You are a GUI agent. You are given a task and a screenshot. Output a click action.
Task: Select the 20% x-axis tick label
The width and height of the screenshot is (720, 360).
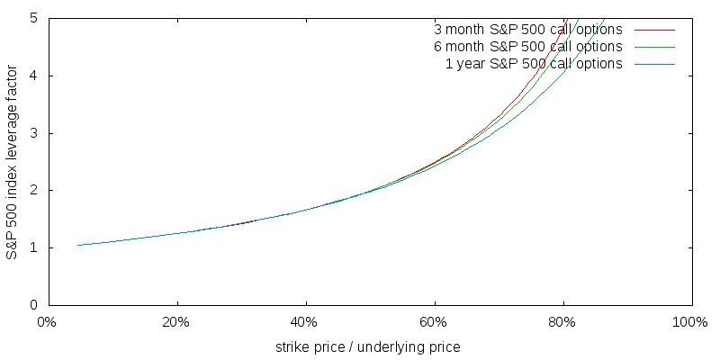[x=176, y=321]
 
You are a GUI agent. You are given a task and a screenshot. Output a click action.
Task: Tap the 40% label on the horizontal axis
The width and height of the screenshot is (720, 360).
[x=305, y=321]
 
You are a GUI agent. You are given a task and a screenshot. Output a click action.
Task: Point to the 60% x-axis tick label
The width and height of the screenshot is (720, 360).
[x=435, y=321]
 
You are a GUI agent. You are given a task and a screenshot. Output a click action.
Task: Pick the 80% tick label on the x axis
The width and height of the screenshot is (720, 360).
[x=563, y=321]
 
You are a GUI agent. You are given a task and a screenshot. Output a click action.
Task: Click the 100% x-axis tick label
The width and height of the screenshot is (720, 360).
[x=689, y=321]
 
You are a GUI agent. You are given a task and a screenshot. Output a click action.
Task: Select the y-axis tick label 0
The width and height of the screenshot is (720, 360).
[x=33, y=306]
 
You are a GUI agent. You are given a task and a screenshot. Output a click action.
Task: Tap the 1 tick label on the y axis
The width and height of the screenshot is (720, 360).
[x=33, y=248]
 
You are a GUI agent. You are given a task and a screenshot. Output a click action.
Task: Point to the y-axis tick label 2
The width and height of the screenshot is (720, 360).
[x=33, y=191]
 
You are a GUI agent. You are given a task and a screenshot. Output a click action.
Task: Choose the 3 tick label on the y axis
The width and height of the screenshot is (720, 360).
[x=33, y=133]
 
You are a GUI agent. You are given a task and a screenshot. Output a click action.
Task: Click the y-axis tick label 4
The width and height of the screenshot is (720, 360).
[x=33, y=76]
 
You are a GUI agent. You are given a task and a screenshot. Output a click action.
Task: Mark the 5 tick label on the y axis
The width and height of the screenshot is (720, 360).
[x=33, y=18]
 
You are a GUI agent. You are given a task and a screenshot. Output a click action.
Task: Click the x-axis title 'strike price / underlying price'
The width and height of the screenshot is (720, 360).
[x=368, y=346]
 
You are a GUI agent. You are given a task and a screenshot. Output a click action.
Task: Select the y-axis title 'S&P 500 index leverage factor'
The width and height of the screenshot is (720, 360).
[x=12, y=162]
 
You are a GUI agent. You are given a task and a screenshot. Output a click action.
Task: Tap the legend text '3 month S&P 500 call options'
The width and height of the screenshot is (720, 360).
[x=528, y=29]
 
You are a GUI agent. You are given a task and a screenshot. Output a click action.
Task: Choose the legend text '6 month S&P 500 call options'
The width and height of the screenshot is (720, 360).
[x=528, y=46]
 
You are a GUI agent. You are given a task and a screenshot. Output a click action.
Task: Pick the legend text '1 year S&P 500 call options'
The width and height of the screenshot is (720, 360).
[x=534, y=63]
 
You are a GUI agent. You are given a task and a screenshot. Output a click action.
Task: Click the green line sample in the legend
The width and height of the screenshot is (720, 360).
[x=654, y=47]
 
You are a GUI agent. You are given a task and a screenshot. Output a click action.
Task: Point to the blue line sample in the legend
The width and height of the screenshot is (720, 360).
[x=654, y=64]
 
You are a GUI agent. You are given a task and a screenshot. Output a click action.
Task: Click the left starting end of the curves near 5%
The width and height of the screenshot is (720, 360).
[x=78, y=245]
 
